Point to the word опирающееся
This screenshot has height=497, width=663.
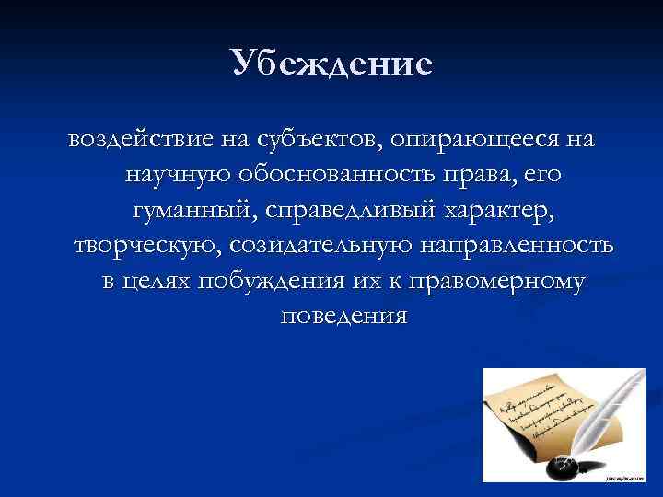pyautogui.click(x=464, y=141)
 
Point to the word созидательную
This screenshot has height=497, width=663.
pyautogui.click(x=323, y=246)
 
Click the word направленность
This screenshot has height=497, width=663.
pyautogui.click(x=521, y=246)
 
